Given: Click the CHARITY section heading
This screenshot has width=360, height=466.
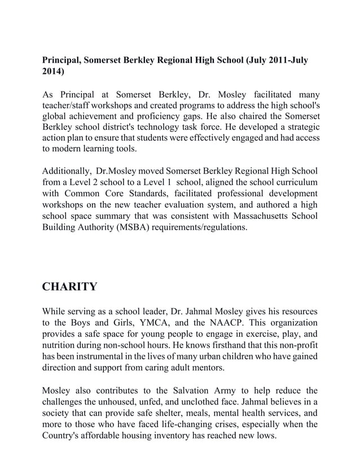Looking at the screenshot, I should point(69,287).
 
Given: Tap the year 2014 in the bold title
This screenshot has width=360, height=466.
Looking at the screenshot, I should point(53,73).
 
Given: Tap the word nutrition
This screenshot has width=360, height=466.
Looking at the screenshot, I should point(60,344).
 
